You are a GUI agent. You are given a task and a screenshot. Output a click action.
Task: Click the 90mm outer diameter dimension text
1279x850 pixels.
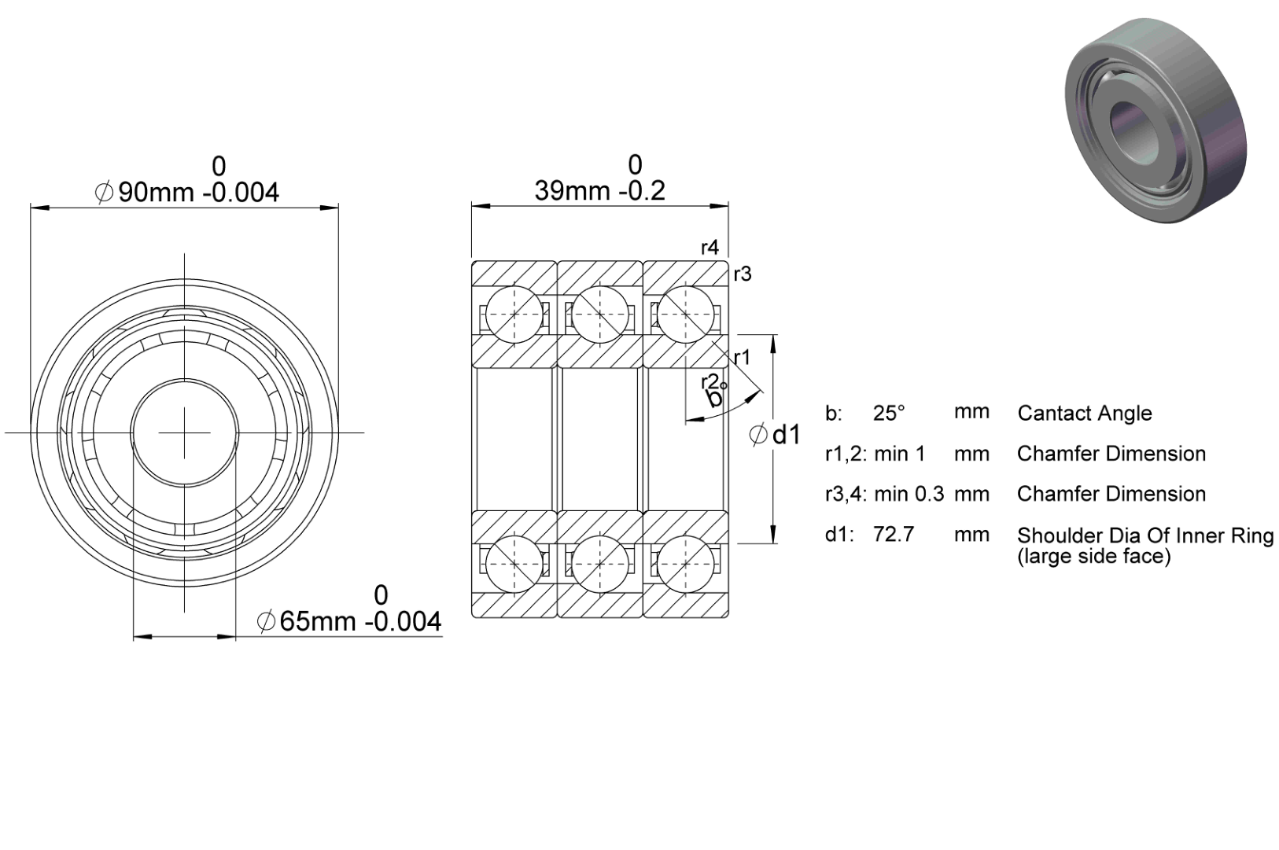[186, 193]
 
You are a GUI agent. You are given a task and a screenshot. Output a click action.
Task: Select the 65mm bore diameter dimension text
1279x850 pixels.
[349, 621]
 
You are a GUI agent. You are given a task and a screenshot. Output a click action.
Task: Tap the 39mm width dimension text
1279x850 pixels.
[599, 190]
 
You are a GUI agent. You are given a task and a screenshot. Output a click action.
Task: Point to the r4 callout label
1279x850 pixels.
[710, 247]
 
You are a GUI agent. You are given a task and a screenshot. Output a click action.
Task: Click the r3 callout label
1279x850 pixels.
[743, 274]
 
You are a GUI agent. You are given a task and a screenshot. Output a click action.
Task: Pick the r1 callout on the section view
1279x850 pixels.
[742, 358]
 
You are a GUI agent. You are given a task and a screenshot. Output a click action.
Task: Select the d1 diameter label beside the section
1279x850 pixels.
[775, 435]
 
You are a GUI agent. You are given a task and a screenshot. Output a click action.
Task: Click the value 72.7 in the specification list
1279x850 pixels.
[894, 535]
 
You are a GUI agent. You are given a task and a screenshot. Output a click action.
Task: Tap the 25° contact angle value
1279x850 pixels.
[889, 413]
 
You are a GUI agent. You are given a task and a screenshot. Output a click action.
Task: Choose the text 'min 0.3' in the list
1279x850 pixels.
[909, 494]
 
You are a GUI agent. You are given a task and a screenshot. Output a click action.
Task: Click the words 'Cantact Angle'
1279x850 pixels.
[1084, 414]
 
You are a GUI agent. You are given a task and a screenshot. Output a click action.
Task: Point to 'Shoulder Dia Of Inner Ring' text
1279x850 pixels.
[1144, 535]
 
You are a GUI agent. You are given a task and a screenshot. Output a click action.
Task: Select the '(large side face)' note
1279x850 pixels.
[1094, 556]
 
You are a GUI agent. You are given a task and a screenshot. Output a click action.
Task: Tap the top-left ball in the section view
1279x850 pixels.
[514, 315]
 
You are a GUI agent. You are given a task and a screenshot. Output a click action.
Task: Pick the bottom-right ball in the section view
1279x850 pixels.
[686, 564]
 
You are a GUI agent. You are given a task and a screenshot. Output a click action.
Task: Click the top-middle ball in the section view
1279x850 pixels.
[600, 315]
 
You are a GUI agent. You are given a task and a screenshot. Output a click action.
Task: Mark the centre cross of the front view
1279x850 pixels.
[184, 432]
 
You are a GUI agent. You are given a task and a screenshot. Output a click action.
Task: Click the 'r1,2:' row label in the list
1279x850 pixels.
[846, 454]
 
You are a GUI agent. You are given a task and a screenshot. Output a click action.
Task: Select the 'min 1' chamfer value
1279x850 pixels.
[899, 454]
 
